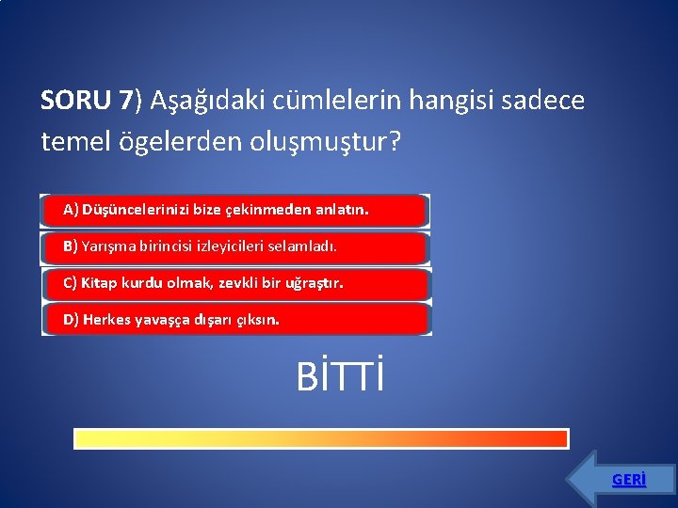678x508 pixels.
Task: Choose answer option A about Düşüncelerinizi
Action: pos(234,211)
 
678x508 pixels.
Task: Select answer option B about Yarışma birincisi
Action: pos(234,247)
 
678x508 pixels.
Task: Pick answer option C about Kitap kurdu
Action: pos(234,283)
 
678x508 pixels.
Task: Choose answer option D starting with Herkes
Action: pos(234,320)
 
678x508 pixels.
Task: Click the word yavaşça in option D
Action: pos(160,320)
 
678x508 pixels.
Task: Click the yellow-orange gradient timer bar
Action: pos(321,439)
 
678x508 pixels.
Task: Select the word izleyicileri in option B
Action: pos(233,246)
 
